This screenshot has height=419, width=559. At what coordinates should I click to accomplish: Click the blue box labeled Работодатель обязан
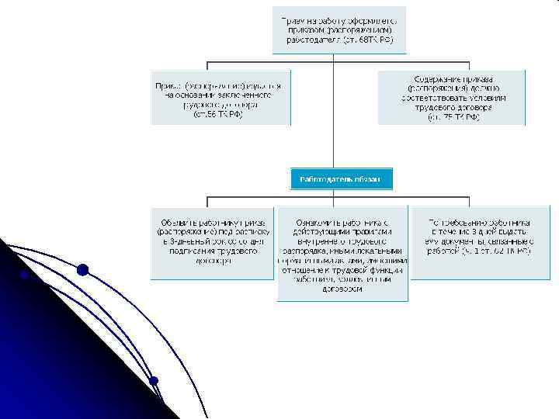(341, 179)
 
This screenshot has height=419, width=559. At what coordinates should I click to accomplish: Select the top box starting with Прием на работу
(339, 29)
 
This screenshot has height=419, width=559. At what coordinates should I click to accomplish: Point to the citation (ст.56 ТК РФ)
(220, 114)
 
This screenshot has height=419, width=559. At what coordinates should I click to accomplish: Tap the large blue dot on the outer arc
(82, 270)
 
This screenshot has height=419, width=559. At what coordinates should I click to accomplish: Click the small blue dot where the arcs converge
(154, 380)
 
